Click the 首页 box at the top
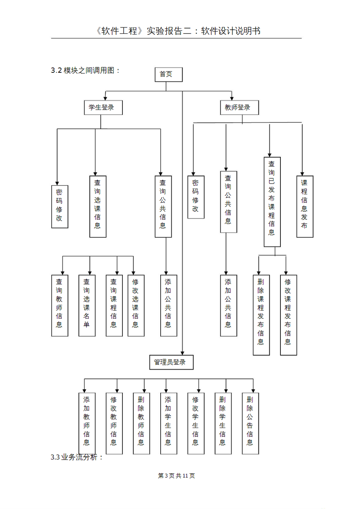[169, 75]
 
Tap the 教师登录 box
[239, 108]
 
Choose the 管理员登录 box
[171, 362]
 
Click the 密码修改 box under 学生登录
[60, 206]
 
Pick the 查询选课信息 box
[98, 206]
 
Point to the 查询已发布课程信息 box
[272, 202]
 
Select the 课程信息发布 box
[305, 206]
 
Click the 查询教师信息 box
[60, 306]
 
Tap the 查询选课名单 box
[87, 306]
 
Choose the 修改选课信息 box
[136, 306]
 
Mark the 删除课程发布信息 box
[261, 315]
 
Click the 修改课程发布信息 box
[288, 315]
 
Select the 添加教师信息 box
[87, 423]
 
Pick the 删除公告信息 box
[250, 423]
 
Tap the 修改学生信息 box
[196, 423]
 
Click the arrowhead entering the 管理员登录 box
[182, 353]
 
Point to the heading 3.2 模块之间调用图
[85, 70]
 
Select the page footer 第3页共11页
[177, 476]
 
